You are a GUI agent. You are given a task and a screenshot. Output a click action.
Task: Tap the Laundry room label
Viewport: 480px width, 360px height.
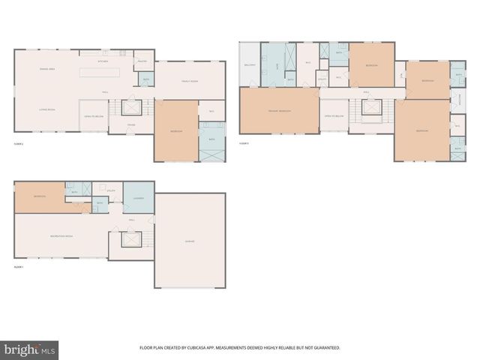coord(138,198)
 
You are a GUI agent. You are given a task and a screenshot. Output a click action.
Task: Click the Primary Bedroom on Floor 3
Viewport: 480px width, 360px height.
coord(279,111)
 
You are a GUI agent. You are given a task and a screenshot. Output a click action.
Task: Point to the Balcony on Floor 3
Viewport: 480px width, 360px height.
coord(250,65)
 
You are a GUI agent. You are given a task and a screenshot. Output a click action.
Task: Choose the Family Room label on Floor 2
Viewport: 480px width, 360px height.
coord(189,81)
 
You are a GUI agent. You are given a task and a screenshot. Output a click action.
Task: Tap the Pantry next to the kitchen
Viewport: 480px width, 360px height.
coord(142,61)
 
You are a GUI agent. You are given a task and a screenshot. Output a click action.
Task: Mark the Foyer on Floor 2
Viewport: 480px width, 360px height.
coord(130,124)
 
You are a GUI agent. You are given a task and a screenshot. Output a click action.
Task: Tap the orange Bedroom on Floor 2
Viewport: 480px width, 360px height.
coord(175,130)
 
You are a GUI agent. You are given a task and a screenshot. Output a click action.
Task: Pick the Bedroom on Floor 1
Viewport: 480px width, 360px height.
coord(40,196)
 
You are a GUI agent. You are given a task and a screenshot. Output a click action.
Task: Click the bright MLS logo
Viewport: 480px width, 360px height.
coord(29,350)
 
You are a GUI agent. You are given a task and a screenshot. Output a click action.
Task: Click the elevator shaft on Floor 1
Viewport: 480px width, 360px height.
coord(132,241)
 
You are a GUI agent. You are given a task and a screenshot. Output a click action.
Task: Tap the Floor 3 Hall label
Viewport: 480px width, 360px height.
coord(367,93)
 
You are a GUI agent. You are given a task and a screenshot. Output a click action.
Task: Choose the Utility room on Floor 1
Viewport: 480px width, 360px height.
coord(110,191)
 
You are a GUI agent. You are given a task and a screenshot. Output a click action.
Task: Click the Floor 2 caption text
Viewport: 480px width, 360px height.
coord(19,142)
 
